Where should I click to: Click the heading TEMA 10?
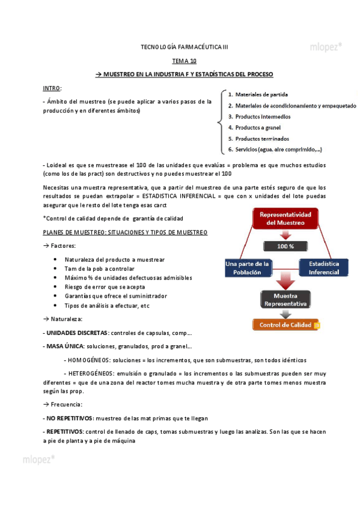click(184, 61)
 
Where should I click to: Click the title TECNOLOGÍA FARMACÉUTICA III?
click(184, 47)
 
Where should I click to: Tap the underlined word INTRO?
click(52, 88)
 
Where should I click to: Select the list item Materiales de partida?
click(261, 95)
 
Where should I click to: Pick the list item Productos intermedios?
click(263, 117)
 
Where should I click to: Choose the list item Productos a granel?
click(258, 127)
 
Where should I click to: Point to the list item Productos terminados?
click(262, 138)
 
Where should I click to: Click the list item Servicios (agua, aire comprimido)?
click(278, 149)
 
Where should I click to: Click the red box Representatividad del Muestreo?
click(285, 219)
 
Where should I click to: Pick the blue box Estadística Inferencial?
click(324, 268)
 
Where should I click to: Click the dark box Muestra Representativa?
click(285, 300)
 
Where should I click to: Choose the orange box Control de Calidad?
click(285, 325)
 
